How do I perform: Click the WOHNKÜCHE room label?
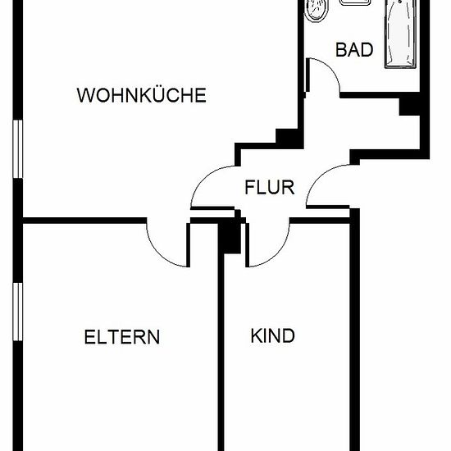[x=142, y=95]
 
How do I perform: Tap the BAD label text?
[x=354, y=49]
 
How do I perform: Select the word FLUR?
[x=270, y=187]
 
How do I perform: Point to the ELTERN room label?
[x=122, y=337]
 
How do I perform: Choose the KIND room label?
[x=273, y=335]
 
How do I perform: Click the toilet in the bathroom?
[x=316, y=11]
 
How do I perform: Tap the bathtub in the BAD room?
[x=400, y=34]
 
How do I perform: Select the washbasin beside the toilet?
[x=355, y=2]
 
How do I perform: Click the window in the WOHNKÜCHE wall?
[x=18, y=149]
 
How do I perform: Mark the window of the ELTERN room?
[x=18, y=312]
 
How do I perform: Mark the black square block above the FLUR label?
[x=286, y=139]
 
